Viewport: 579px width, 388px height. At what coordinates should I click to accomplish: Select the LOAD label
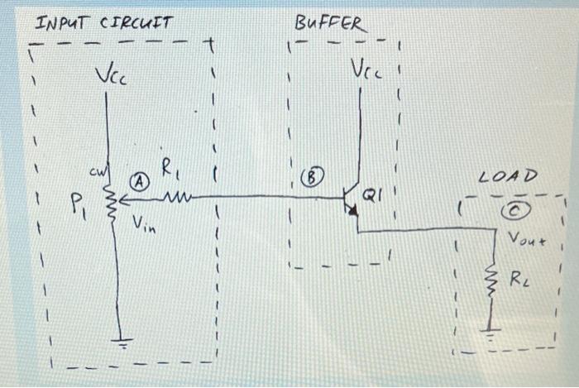(509, 176)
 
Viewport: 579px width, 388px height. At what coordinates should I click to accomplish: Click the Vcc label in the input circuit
(110, 78)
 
